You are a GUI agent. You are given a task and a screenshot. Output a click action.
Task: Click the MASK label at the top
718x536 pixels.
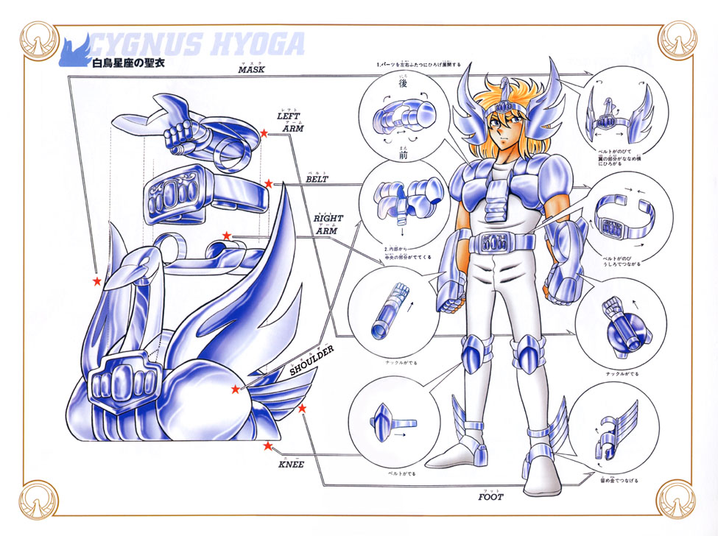[251, 70]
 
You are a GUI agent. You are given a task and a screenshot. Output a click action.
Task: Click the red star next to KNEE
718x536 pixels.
[267, 445]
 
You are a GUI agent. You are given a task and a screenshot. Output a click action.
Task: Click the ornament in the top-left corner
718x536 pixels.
[37, 36]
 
